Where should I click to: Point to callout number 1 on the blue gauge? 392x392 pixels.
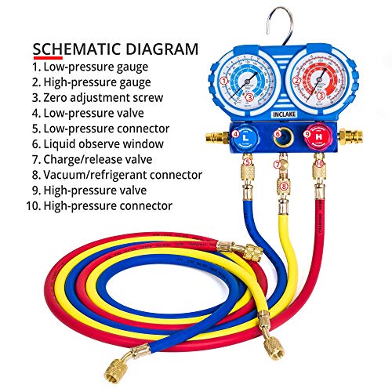225,79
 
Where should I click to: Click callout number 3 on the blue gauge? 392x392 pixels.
249,97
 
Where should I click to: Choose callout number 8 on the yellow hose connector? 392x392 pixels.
284,187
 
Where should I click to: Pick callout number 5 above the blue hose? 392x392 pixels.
246,162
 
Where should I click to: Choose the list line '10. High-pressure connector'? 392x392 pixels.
101,205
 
